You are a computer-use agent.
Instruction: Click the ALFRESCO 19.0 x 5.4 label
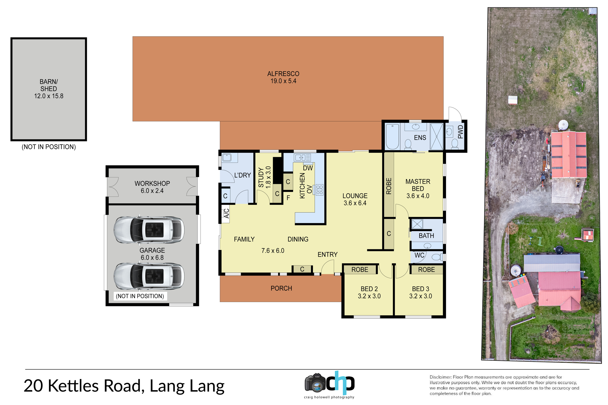(x=283, y=77)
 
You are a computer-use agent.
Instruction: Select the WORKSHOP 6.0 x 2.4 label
(x=152, y=187)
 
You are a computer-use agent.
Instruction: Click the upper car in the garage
(x=149, y=230)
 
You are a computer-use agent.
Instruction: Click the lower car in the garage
(x=149, y=276)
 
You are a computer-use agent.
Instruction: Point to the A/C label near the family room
(x=226, y=213)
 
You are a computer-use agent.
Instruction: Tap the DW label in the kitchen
(x=308, y=168)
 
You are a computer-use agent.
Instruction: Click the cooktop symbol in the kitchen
(x=320, y=190)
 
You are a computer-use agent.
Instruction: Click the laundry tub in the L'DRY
(x=227, y=157)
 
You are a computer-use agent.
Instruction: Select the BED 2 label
(x=369, y=289)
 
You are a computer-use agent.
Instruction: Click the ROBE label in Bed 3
(x=427, y=270)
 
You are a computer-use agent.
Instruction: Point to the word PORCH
(x=281, y=288)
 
